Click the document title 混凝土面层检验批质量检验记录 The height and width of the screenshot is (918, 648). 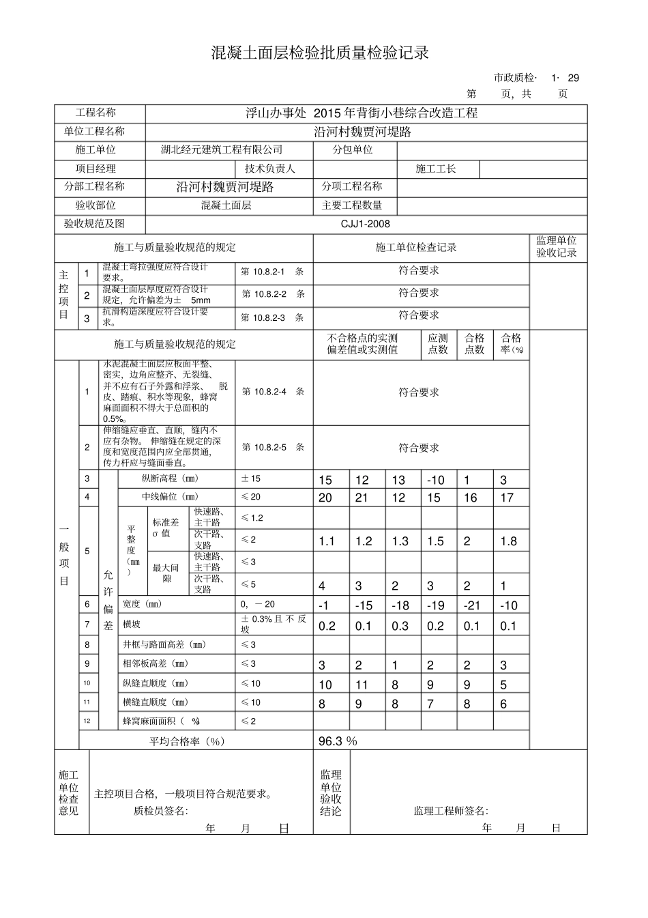pyautogui.click(x=320, y=53)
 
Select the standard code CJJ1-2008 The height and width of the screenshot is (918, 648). pyautogui.click(x=366, y=224)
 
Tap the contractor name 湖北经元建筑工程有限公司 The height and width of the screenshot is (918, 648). pyautogui.click(x=221, y=150)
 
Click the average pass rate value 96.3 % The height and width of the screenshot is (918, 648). pyautogui.click(x=338, y=741)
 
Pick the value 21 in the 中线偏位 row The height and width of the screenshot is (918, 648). pyautogui.click(x=362, y=498)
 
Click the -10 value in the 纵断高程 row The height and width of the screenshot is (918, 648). pyautogui.click(x=435, y=480)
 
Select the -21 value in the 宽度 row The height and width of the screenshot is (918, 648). pyautogui.click(x=472, y=605)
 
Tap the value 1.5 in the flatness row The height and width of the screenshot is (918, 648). pyautogui.click(x=435, y=542)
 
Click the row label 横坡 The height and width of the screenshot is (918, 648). pyautogui.click(x=133, y=625)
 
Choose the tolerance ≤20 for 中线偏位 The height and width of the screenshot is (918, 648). pyautogui.click(x=250, y=498)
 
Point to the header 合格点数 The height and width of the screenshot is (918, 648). pyautogui.click(x=475, y=344)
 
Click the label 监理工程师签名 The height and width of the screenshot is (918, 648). pyautogui.click(x=451, y=811)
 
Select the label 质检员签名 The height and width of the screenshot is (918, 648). pyautogui.click(x=161, y=811)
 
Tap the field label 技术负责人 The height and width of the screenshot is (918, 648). pyautogui.click(x=270, y=169)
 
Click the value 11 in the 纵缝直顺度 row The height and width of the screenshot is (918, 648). pyautogui.click(x=362, y=685)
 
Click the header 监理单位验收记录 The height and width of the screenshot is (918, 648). pyautogui.click(x=557, y=247)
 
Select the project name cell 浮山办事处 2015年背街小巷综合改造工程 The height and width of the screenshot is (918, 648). pyautogui.click(x=362, y=113)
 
